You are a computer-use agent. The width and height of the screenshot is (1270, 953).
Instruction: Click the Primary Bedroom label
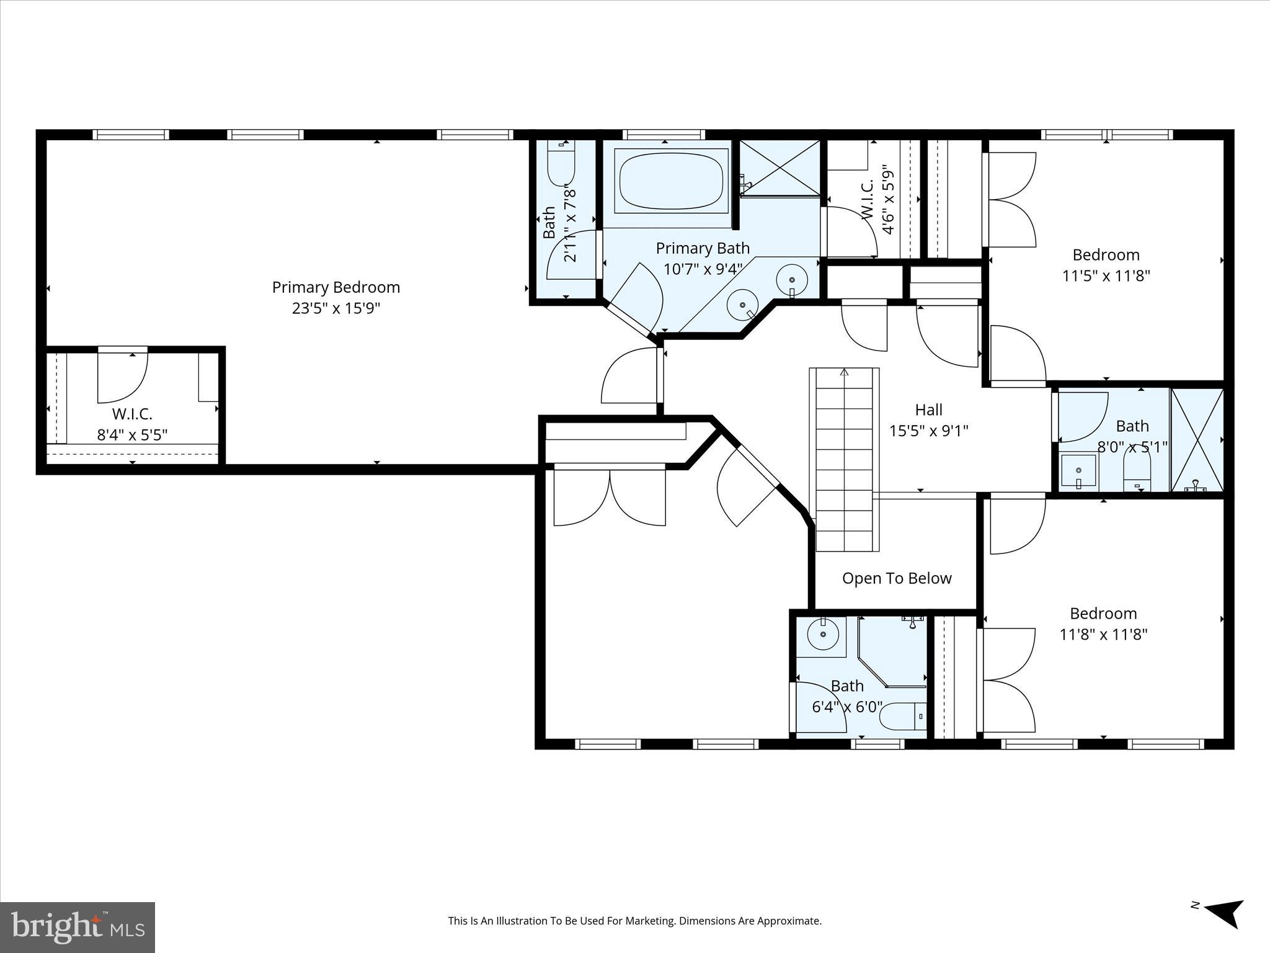point(335,287)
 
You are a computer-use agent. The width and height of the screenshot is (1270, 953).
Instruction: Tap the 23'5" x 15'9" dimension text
point(335,308)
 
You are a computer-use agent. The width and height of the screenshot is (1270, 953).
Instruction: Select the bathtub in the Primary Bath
point(672,181)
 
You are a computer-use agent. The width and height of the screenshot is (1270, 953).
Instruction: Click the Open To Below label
point(896,578)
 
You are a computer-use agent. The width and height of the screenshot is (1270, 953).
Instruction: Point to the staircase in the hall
point(844,459)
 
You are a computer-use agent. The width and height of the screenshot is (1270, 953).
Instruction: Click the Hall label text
point(928,409)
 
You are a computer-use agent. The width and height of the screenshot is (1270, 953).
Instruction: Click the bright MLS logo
point(78,927)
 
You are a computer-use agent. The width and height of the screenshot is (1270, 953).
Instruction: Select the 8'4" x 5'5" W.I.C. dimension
point(132,434)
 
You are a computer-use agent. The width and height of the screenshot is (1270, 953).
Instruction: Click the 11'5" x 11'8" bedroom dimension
point(1106,275)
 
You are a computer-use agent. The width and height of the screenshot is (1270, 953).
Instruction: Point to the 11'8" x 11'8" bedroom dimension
point(1103,634)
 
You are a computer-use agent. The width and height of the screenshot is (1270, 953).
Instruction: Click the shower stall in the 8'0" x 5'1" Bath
point(1197,439)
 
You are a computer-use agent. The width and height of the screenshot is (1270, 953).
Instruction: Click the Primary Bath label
point(703,248)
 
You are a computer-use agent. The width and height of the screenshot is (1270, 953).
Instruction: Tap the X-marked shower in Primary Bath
point(779,168)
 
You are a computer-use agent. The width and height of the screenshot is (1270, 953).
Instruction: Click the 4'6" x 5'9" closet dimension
point(889,200)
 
